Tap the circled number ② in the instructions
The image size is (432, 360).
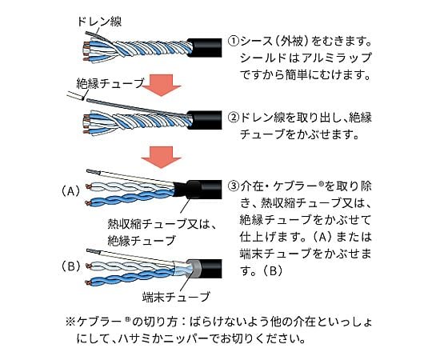234,118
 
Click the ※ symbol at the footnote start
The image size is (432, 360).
70,322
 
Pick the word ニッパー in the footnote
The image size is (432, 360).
206,338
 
